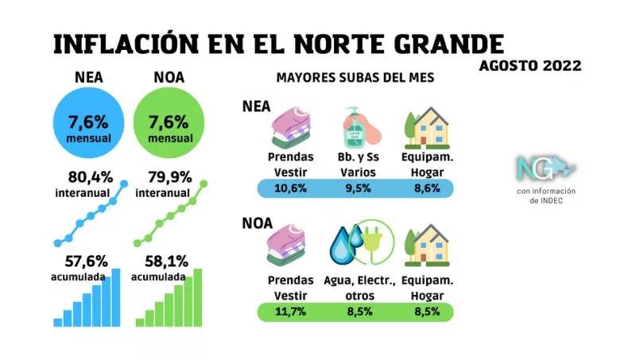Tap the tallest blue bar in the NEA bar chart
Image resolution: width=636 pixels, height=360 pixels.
(x=116, y=297)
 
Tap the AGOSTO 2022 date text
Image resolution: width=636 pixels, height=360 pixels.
(x=530, y=65)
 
